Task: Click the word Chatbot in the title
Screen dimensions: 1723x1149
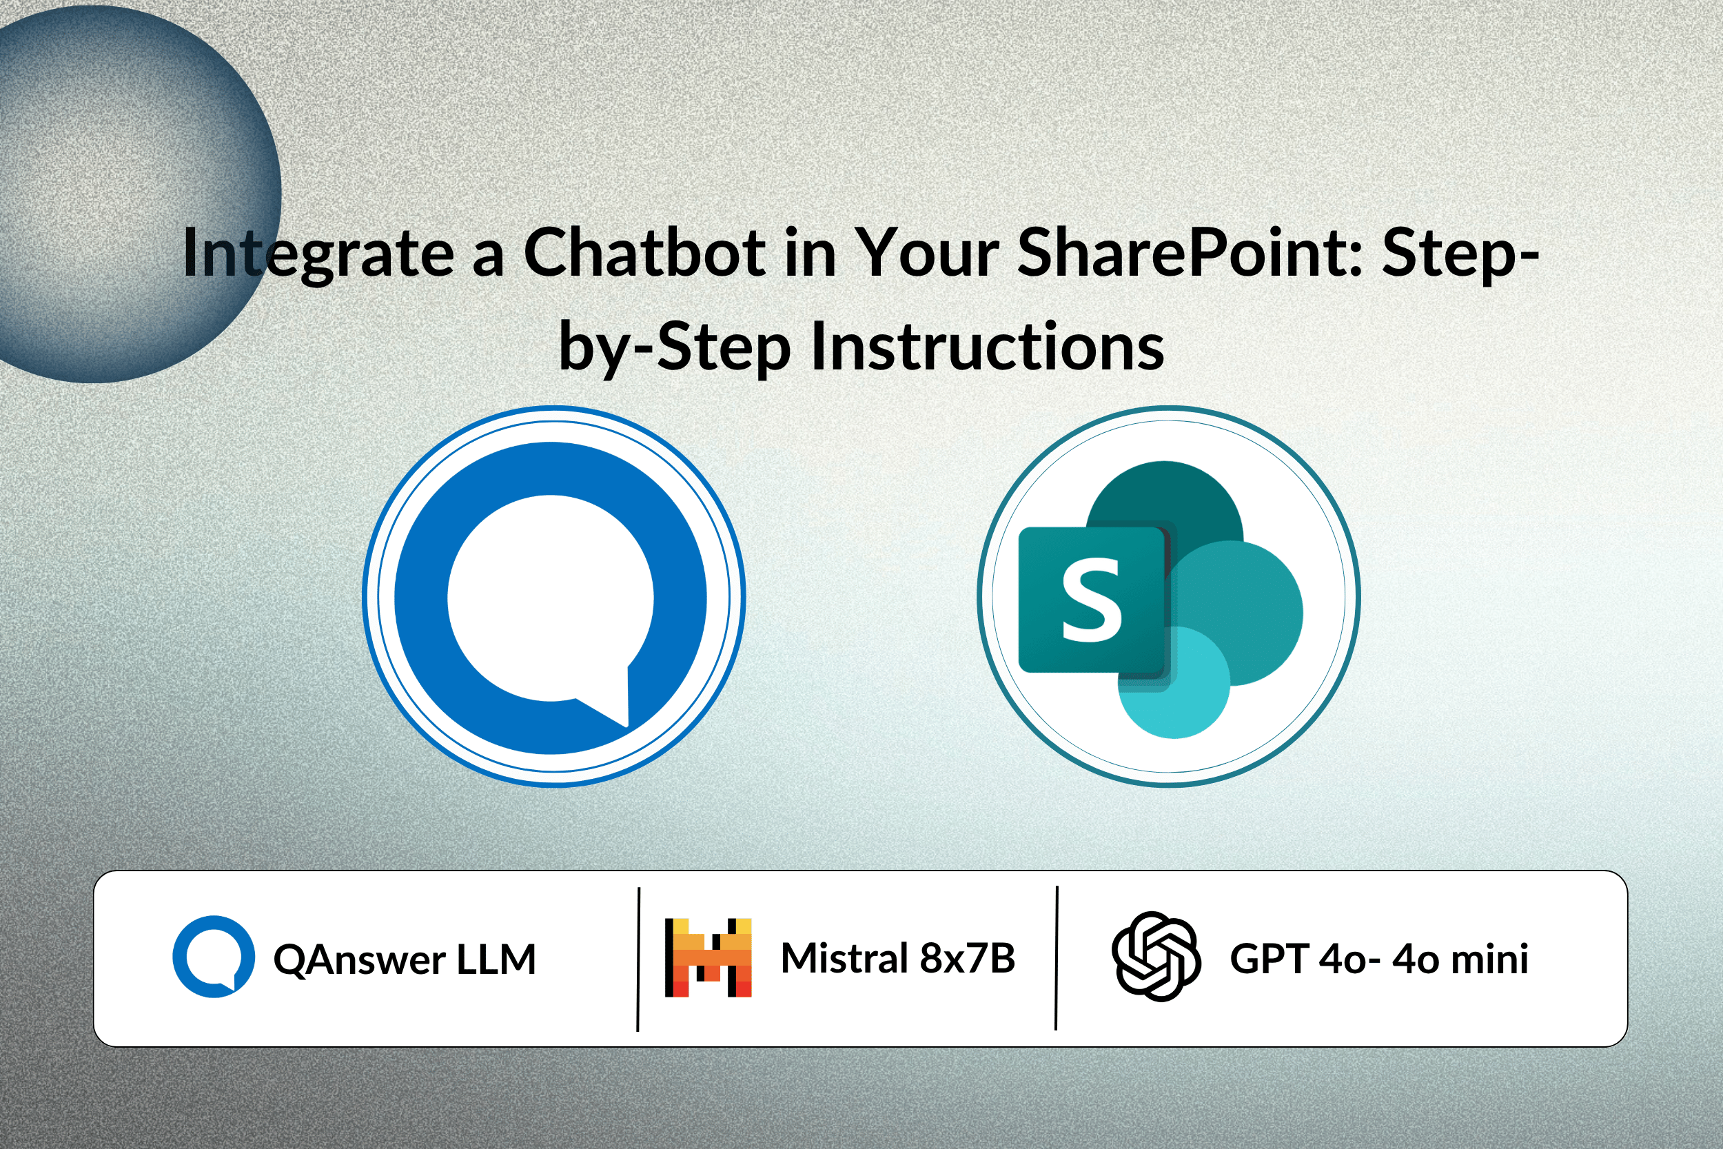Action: coord(645,252)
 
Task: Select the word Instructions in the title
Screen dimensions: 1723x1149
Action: coord(988,346)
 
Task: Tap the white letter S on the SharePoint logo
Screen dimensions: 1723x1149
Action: coord(1092,600)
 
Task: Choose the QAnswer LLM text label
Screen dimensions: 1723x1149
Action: coord(405,959)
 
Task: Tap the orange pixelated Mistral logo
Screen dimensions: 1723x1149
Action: coord(708,957)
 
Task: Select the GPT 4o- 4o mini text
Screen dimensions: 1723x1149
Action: coord(1379,959)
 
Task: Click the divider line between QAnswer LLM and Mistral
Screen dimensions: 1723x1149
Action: coord(639,959)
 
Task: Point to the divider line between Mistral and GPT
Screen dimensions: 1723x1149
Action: coord(1057,958)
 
